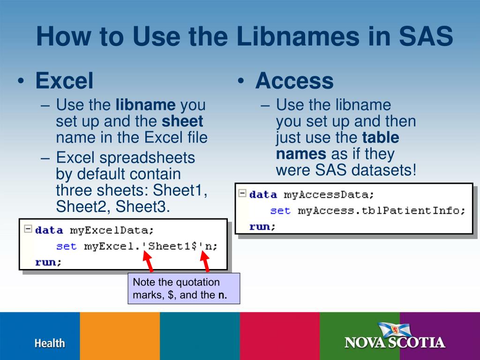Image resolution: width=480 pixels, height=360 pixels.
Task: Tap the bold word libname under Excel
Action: (145, 105)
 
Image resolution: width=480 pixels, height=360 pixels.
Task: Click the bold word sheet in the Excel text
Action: (182, 121)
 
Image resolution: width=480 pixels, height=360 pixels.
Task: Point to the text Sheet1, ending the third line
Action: (181, 191)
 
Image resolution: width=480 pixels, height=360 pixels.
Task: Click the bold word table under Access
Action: (381, 138)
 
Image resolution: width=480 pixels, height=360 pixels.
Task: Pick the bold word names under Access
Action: (301, 154)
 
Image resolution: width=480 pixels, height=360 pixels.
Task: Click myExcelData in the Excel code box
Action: (112, 230)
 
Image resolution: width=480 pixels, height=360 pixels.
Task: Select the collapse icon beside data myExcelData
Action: (28, 229)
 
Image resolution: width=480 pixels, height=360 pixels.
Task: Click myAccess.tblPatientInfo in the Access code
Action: (381, 210)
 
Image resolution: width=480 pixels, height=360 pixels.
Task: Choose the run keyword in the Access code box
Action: (260, 226)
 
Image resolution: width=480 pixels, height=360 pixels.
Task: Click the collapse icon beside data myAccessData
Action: (242, 193)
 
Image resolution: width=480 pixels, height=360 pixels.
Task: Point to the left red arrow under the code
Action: (149, 261)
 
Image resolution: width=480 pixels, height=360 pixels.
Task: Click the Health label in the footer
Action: (49, 343)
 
